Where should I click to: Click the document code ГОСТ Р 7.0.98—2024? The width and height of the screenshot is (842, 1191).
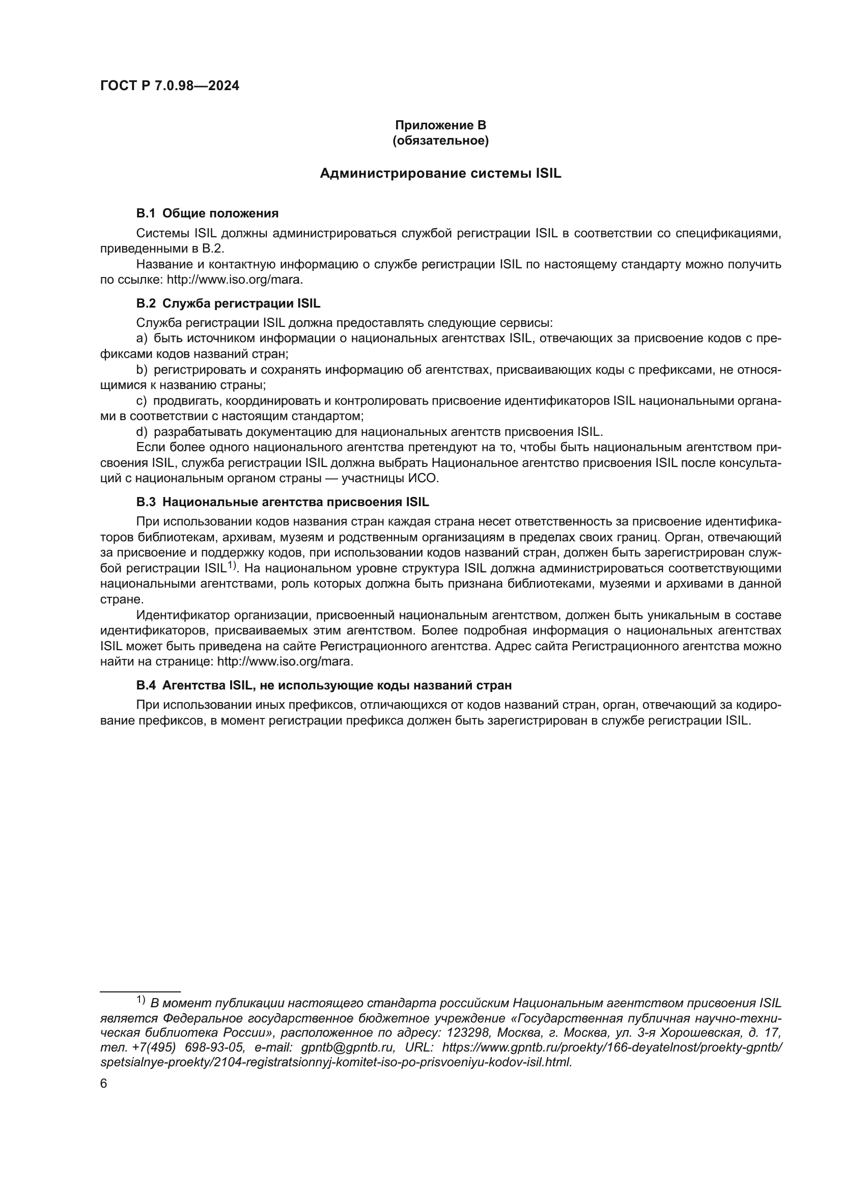click(x=170, y=86)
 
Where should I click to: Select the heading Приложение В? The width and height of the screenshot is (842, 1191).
click(x=440, y=125)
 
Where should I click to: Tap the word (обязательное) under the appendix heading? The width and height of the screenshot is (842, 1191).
click(x=440, y=141)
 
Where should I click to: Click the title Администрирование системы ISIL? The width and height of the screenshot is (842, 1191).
click(x=440, y=173)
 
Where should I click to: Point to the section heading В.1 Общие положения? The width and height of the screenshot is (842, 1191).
click(x=207, y=213)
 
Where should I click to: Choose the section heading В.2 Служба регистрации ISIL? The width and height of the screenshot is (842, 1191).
click(x=228, y=303)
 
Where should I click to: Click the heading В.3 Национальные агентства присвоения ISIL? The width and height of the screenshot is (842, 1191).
click(x=283, y=502)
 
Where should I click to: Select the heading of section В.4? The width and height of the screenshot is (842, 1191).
click(x=324, y=685)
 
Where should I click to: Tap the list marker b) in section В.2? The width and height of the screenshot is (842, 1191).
click(x=142, y=370)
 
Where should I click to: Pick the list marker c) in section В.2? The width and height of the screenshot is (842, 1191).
click(x=142, y=401)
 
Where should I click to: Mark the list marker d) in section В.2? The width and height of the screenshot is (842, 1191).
click(x=142, y=432)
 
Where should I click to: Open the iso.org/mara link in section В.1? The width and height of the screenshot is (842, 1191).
click(x=234, y=280)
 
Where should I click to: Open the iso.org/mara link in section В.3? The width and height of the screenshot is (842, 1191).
click(x=285, y=662)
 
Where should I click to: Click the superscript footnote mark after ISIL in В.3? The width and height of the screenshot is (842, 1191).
click(x=232, y=565)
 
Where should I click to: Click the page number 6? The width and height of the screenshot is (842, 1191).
click(x=104, y=1084)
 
